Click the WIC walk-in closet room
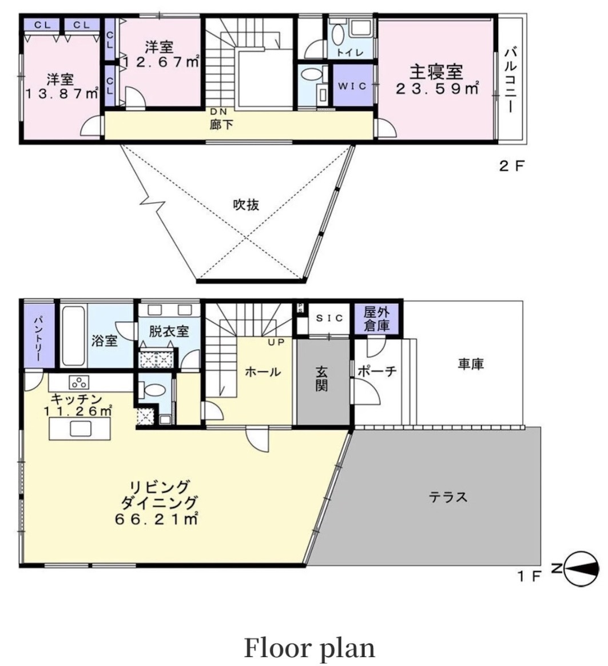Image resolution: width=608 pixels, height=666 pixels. pyautogui.click(x=353, y=85)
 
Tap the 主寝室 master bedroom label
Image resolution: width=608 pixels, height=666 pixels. pyautogui.click(x=436, y=72)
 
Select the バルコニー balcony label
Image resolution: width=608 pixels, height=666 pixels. pyautogui.click(x=510, y=81)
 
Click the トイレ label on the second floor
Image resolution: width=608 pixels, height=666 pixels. pyautogui.click(x=350, y=53)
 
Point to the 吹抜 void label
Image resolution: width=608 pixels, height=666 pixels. pyautogui.click(x=247, y=205)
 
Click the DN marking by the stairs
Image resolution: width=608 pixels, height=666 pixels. pyautogui.click(x=218, y=112)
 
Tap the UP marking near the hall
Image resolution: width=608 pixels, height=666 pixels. pyautogui.click(x=276, y=342)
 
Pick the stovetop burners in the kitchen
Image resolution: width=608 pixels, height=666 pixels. pyautogui.click(x=80, y=383)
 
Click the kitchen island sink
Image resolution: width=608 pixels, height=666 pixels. pyautogui.click(x=81, y=429)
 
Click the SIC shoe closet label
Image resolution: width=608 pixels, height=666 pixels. pyautogui.click(x=329, y=318)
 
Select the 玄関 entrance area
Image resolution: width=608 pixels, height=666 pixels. pyautogui.click(x=321, y=381)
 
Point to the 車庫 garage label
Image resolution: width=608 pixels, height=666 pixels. pyautogui.click(x=471, y=364)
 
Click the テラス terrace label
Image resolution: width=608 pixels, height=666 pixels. pyautogui.click(x=448, y=497)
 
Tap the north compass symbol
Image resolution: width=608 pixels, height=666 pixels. pyautogui.click(x=582, y=569)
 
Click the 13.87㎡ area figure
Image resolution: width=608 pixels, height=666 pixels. pyautogui.click(x=62, y=94)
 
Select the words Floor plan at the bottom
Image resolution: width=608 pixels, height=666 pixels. pyautogui.click(x=309, y=648)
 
